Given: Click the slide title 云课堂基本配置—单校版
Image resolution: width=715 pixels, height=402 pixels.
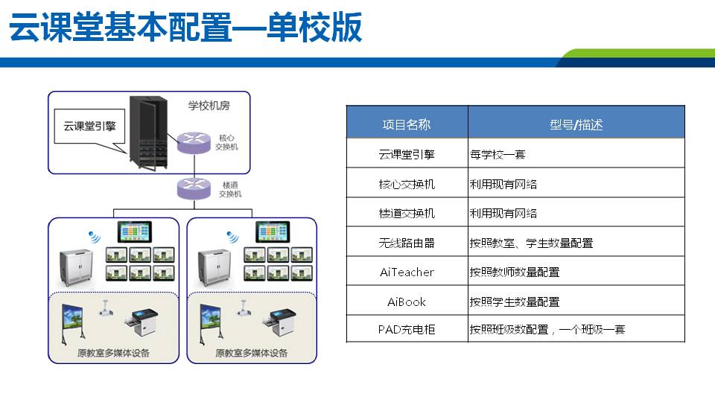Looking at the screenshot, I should [x=185, y=28].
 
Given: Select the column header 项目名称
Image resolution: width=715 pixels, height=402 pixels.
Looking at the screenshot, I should [x=407, y=124].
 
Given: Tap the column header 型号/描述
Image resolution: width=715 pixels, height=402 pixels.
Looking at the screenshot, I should [x=576, y=124].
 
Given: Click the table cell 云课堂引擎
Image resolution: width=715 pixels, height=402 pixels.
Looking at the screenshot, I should [x=407, y=155].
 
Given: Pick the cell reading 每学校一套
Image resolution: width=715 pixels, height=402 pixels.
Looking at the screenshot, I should [x=498, y=155].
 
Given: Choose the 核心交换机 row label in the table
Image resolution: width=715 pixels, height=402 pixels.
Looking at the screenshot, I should [x=407, y=184].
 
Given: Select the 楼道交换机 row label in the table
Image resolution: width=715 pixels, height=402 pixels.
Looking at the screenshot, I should [x=407, y=214].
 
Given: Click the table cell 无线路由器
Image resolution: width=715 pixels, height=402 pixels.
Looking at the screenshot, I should [x=407, y=243].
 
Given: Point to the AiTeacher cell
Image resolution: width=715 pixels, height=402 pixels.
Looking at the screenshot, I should [x=407, y=272].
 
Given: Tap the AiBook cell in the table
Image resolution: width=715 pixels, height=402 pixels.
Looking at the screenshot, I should [x=407, y=302].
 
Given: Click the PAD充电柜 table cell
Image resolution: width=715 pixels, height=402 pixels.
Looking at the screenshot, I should [x=407, y=328].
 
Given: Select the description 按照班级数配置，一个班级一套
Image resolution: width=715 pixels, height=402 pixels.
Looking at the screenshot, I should [x=547, y=328].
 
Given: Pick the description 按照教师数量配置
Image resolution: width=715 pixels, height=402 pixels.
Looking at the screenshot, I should [x=514, y=272].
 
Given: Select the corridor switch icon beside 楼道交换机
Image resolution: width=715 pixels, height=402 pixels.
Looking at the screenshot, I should [x=191, y=188].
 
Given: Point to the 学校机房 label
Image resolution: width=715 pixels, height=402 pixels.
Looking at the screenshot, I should [x=209, y=106].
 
